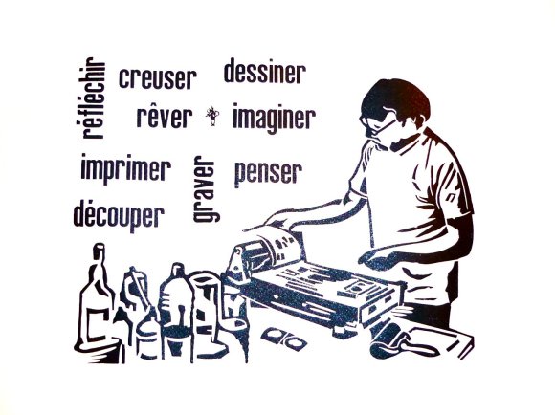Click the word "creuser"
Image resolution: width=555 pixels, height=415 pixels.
(x=158, y=78)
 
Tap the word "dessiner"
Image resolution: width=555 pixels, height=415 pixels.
(x=265, y=72)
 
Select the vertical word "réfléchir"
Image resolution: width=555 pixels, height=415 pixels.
(x=93, y=98)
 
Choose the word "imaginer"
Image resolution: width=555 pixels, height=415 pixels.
(x=274, y=118)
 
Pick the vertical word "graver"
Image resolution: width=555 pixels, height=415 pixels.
(x=207, y=188)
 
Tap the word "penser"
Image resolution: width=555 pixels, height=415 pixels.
(x=269, y=174)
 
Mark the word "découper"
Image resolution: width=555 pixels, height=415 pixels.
(x=119, y=215)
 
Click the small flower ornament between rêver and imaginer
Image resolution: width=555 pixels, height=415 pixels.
(x=212, y=116)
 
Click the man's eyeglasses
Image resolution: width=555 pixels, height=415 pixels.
(x=376, y=123)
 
